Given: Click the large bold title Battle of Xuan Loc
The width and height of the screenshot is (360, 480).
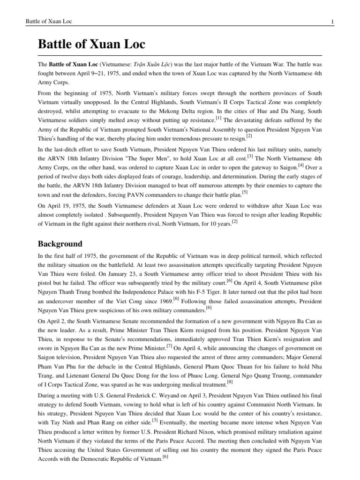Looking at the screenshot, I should coord(91,45).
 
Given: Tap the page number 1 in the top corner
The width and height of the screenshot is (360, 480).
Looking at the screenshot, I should coord(331,22).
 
